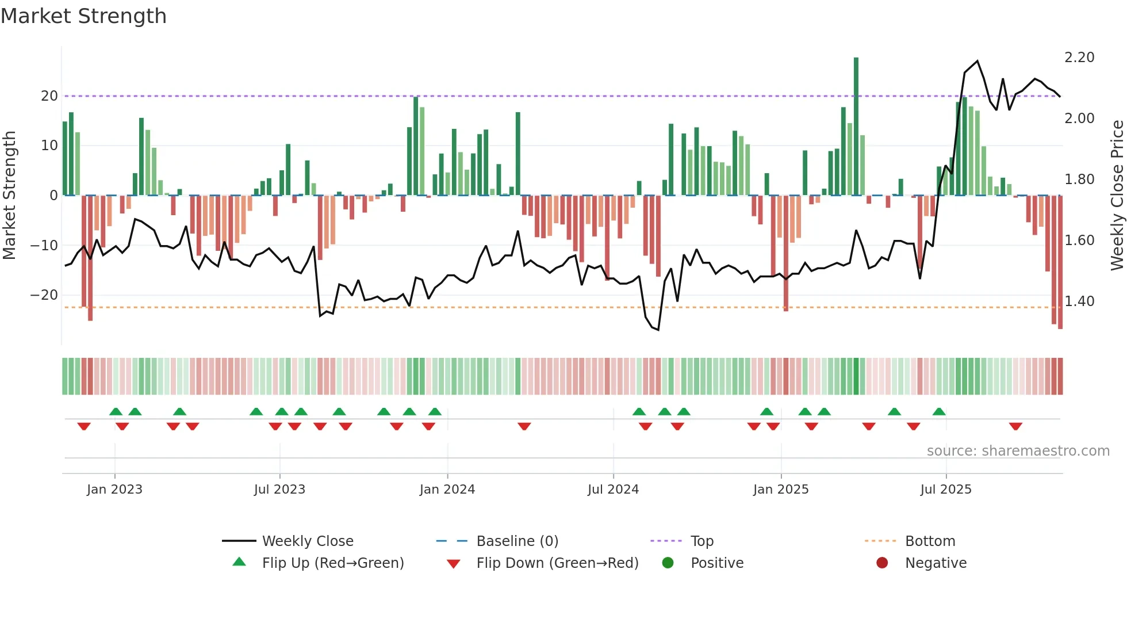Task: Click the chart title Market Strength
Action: pyautogui.click(x=83, y=16)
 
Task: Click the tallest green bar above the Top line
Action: pyautogui.click(x=856, y=127)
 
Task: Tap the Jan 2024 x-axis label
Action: pyautogui.click(x=447, y=490)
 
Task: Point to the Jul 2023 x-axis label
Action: pyautogui.click(x=279, y=490)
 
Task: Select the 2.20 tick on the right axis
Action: pyautogui.click(x=1079, y=58)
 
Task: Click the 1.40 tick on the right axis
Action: pyautogui.click(x=1079, y=301)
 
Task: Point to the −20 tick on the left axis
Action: pyautogui.click(x=44, y=295)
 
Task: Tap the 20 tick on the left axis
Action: pyautogui.click(x=49, y=96)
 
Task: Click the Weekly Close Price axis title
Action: pyautogui.click(x=1117, y=196)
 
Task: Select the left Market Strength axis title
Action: pyautogui.click(x=9, y=196)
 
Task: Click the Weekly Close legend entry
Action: pyautogui.click(x=308, y=541)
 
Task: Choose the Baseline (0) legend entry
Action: pyautogui.click(x=517, y=541)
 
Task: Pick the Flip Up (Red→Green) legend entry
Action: pyautogui.click(x=333, y=563)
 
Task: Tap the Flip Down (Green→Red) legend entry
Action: pyautogui.click(x=557, y=563)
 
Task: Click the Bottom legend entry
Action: pyautogui.click(x=930, y=541)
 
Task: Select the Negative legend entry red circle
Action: pyautogui.click(x=882, y=563)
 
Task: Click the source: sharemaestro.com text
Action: pyautogui.click(x=1018, y=451)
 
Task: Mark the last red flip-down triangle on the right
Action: pyautogui.click(x=1015, y=426)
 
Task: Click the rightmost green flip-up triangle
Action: pyautogui.click(x=939, y=412)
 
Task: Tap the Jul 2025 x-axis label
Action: pyautogui.click(x=946, y=490)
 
